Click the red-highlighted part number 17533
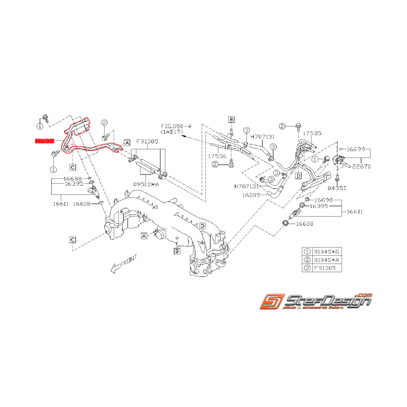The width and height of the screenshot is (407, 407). point(44,141)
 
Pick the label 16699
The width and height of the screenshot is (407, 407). point(356,150)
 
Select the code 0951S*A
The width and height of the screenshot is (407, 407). point(147,184)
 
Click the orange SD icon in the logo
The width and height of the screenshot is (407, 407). point(270,303)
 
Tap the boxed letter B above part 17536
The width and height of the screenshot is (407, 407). point(231,119)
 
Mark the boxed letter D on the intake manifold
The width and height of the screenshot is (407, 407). point(202,226)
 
